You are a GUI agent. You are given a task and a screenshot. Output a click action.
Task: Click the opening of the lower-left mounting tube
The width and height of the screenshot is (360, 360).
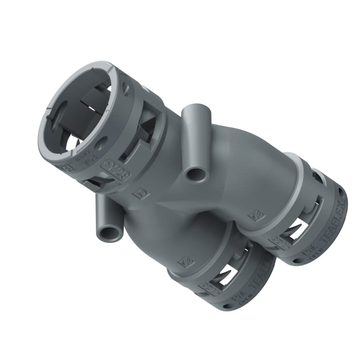pos(108,233)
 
